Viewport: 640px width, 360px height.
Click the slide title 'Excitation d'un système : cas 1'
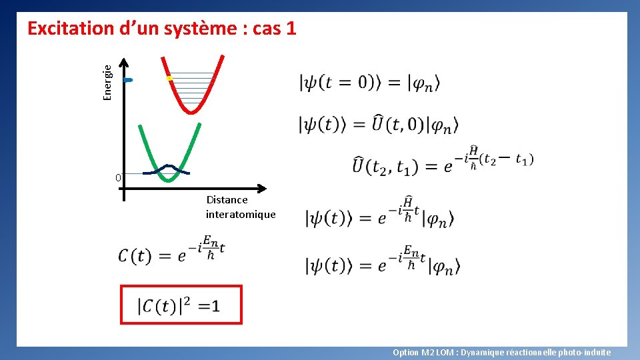click(x=161, y=29)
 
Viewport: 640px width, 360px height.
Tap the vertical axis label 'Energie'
click(x=107, y=76)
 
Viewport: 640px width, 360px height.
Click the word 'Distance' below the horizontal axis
click(x=227, y=199)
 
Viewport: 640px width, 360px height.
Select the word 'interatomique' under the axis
click(x=240, y=214)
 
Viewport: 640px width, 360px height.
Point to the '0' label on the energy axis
click(x=117, y=178)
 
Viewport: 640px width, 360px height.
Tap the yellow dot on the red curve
click(x=169, y=79)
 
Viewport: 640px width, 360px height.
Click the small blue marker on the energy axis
click(x=129, y=80)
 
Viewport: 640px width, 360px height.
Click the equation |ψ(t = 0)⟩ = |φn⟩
click(x=370, y=83)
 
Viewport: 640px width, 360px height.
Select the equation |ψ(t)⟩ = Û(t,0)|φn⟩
click(x=379, y=124)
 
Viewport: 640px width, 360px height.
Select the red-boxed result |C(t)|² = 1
click(x=181, y=305)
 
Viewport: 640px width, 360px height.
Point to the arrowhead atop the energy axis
click(x=124, y=62)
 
